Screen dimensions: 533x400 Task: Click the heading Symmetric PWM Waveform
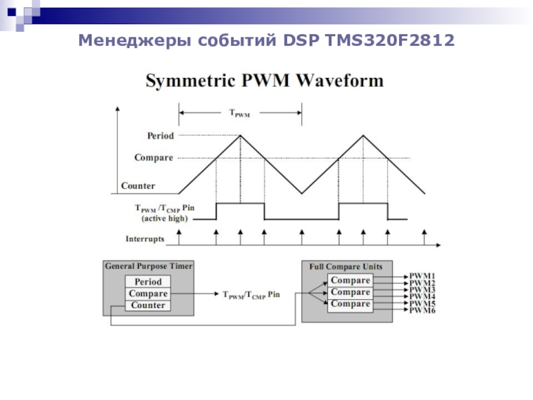coord(265,81)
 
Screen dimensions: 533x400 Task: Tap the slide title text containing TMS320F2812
coord(266,41)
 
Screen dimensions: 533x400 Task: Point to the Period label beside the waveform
coord(160,136)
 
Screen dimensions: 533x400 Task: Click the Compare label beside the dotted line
coord(153,158)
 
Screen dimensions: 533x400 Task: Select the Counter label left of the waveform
coord(138,185)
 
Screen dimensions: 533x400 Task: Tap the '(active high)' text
coord(164,218)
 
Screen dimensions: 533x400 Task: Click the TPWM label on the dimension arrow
coord(240,114)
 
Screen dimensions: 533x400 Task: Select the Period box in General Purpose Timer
coord(148,282)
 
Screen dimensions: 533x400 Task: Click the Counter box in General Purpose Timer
coord(148,305)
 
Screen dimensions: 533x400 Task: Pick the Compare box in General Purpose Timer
coord(148,294)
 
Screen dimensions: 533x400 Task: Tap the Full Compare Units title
coord(346,267)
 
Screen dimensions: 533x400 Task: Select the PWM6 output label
coord(422,311)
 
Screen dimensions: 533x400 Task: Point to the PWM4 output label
coord(422,297)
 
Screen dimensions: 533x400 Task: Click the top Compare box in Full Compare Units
coord(350,281)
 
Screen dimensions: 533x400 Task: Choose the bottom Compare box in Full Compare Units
coord(350,304)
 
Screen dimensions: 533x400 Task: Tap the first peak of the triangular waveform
coord(240,135)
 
